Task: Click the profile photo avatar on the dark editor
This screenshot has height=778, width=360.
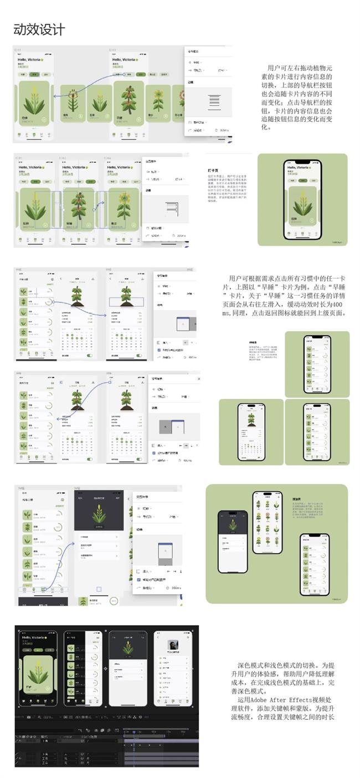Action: (173, 646)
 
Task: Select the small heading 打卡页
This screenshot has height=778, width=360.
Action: (212, 171)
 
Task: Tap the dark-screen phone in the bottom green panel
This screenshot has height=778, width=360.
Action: (233, 541)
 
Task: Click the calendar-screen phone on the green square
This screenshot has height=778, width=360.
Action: (251, 432)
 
